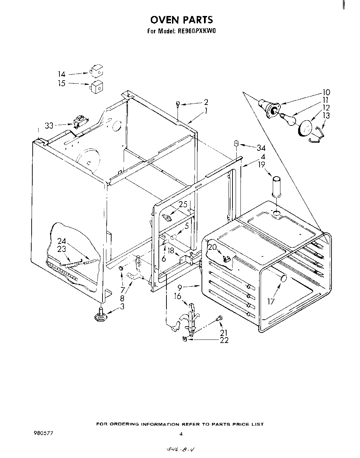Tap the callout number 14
tap(62, 74)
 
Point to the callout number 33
tap(49, 125)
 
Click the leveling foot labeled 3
tap(101, 315)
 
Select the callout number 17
tap(271, 301)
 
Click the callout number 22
tap(224, 340)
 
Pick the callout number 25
tap(183, 204)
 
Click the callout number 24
tap(62, 241)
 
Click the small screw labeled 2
tap(178, 103)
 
